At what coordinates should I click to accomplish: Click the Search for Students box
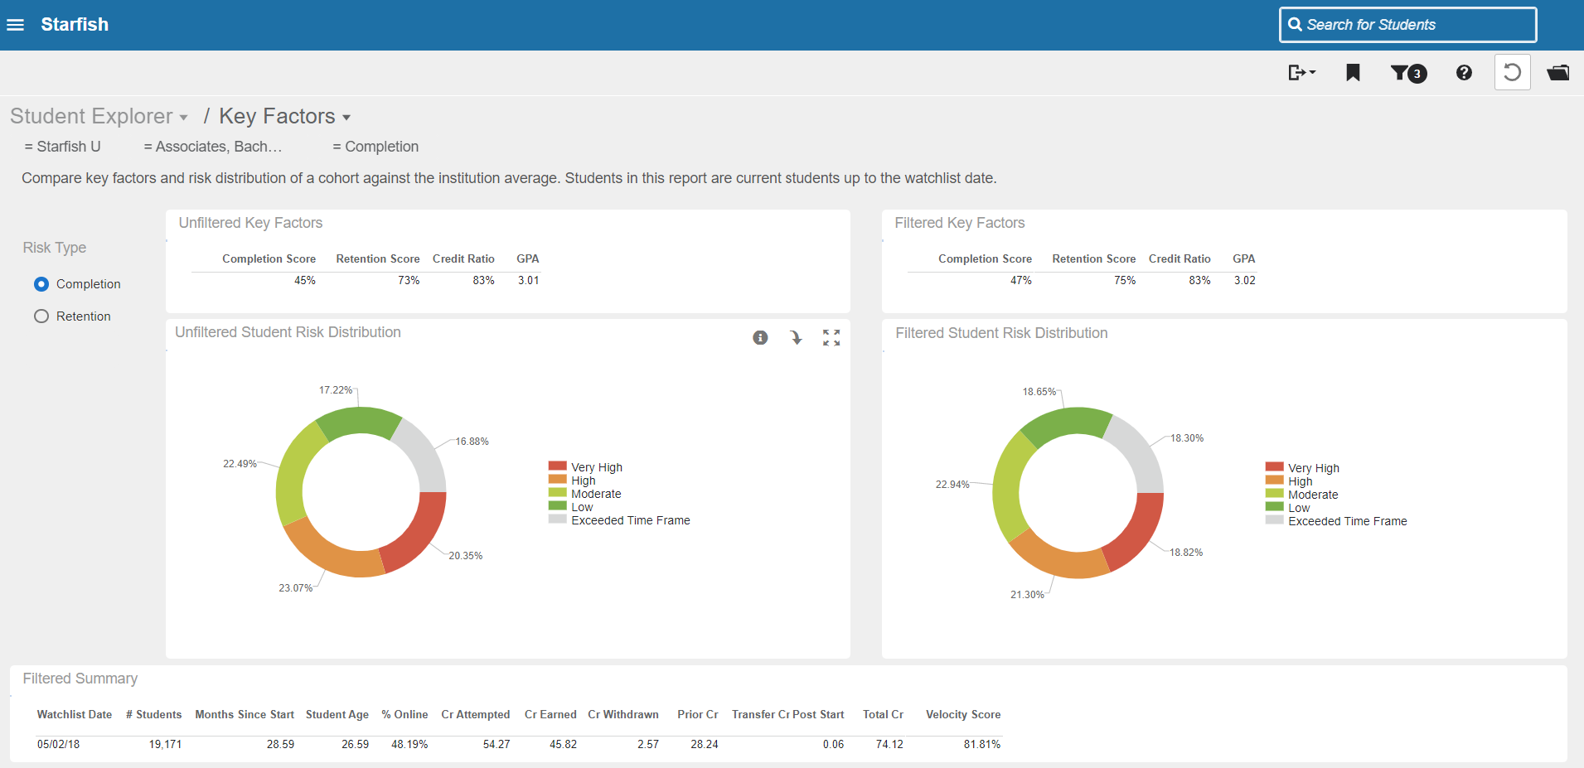click(1407, 25)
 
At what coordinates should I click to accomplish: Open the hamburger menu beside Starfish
click(15, 25)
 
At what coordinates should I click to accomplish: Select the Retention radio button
click(41, 316)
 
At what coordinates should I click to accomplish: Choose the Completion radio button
click(41, 284)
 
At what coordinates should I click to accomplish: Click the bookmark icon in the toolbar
click(1353, 73)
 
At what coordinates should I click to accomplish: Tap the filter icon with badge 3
click(1408, 73)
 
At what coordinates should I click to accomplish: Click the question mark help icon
click(1464, 73)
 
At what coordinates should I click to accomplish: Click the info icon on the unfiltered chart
click(760, 337)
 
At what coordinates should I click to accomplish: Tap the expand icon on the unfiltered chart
click(831, 337)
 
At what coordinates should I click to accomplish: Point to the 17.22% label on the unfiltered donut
click(336, 390)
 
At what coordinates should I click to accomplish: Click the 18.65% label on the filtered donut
click(1039, 392)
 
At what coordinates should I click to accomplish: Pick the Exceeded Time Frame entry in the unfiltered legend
click(619, 520)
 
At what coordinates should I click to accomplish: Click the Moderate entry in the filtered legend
click(1302, 495)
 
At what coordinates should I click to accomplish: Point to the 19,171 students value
click(165, 745)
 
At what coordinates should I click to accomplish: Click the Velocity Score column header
click(963, 714)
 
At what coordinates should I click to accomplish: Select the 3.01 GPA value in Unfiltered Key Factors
click(529, 281)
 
